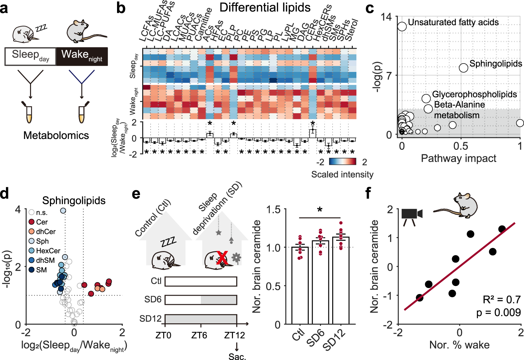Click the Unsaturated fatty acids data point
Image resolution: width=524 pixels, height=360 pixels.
tap(402, 26)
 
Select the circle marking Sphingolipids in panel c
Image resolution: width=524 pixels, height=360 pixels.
tap(464, 68)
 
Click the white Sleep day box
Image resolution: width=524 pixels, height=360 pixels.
tap(30, 57)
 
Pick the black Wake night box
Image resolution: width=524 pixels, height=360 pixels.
tap(82, 57)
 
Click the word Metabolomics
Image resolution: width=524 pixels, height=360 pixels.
tap(56, 135)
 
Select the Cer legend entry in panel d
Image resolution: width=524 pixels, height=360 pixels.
tap(38, 222)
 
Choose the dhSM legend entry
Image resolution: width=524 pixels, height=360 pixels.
tap(42, 260)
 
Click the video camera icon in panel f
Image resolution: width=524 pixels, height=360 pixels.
tap(412, 215)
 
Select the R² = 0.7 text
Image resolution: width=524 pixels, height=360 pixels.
tap(502, 299)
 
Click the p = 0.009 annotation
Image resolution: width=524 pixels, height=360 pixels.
tap(498, 312)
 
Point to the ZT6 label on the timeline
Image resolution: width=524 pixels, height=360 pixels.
tap(199, 336)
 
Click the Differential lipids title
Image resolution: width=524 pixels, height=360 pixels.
tap(265, 8)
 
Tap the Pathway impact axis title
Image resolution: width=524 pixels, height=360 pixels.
tap(458, 159)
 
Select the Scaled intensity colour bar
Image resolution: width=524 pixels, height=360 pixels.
tap(343, 162)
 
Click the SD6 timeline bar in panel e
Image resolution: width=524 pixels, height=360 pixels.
tap(201, 300)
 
